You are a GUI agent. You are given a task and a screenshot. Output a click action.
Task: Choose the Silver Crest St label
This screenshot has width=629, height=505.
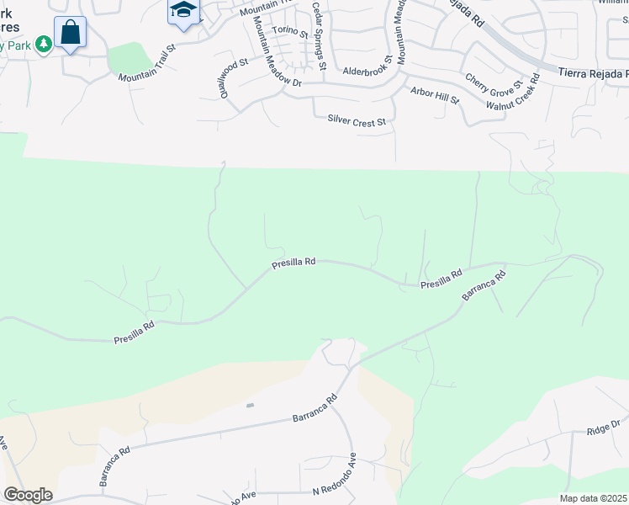click(357, 122)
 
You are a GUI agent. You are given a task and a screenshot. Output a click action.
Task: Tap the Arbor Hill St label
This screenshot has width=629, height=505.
click(435, 95)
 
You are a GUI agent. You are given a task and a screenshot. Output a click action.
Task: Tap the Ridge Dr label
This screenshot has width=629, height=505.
click(603, 428)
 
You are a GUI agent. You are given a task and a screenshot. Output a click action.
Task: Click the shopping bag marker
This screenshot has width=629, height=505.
click(71, 33)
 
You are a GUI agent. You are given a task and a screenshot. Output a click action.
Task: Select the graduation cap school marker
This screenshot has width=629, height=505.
click(182, 11)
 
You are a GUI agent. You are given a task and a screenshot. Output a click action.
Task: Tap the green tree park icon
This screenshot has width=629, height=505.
click(42, 43)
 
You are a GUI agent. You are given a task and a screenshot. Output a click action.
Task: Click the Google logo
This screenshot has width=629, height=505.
click(28, 494)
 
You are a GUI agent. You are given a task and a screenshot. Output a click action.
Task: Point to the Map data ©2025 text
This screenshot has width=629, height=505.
click(593, 498)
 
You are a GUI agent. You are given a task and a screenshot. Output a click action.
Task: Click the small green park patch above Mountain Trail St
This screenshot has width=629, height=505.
click(130, 58)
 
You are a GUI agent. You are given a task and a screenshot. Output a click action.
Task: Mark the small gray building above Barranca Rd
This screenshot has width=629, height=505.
click(250, 405)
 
